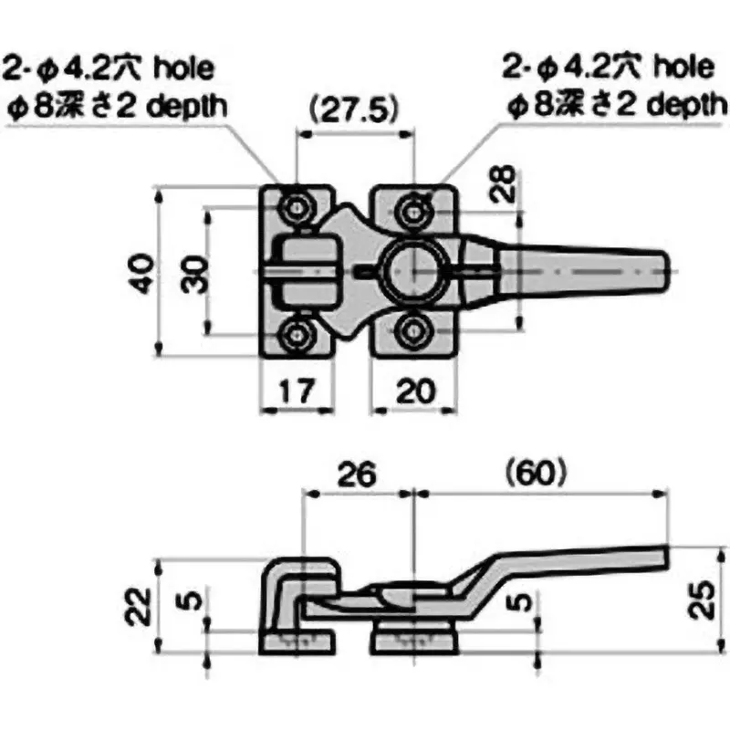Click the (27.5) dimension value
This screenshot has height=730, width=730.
353,110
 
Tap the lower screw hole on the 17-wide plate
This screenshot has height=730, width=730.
297,332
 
